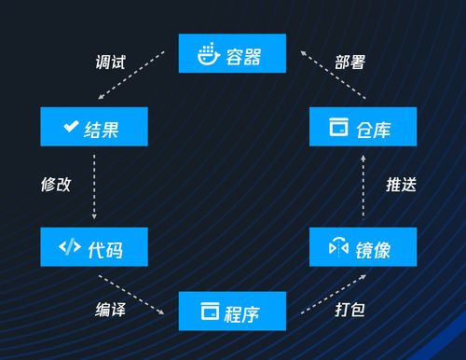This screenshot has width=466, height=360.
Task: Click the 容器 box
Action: (x=231, y=53)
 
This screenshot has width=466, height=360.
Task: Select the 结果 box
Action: (x=93, y=126)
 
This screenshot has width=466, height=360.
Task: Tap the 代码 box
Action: (x=93, y=247)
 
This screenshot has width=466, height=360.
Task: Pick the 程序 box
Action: (x=231, y=312)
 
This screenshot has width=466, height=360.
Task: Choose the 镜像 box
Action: (x=363, y=247)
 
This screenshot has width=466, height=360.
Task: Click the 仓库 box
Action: (x=363, y=126)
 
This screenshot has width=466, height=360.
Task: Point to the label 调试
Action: (x=110, y=62)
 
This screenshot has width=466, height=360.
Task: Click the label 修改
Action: (x=55, y=184)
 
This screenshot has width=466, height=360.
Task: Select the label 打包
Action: (x=349, y=307)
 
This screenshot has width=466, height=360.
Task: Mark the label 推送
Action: (x=401, y=184)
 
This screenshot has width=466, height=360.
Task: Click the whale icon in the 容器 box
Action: (x=207, y=53)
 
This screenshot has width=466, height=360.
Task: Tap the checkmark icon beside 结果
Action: (x=69, y=126)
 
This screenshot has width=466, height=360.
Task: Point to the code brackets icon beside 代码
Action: (x=69, y=247)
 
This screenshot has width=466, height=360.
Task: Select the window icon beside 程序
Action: (x=210, y=312)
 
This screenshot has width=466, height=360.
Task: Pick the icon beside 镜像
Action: (x=338, y=247)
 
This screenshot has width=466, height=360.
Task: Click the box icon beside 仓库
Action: (x=338, y=126)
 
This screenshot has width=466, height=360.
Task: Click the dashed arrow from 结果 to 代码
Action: (x=93, y=186)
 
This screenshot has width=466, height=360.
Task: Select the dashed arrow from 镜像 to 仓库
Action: (x=363, y=186)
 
